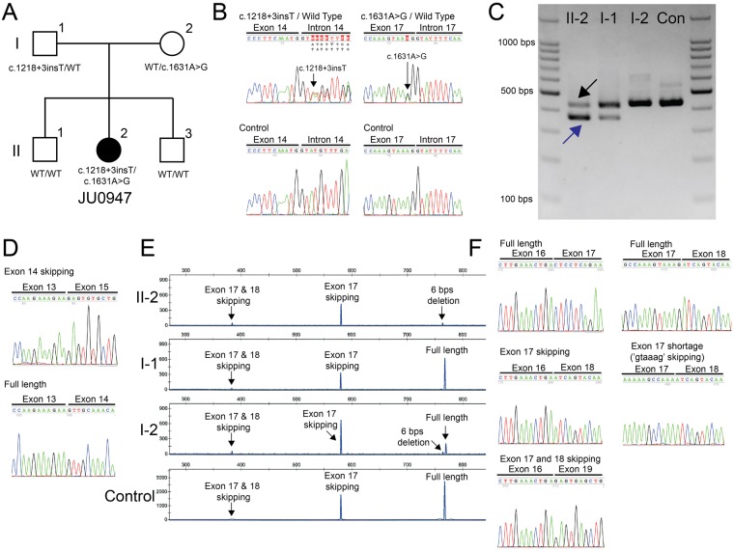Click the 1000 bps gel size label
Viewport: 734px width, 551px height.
coord(512,43)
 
